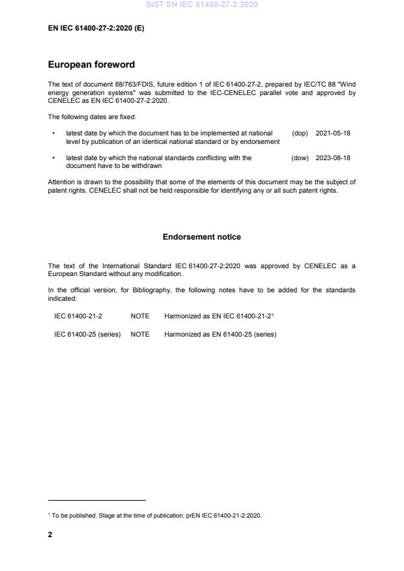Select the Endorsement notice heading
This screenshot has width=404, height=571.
coord(201,237)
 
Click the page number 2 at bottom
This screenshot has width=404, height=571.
coord(50,535)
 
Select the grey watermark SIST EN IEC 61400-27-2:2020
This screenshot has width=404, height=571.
coord(202,4)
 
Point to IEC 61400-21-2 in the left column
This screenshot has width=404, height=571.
coord(78,316)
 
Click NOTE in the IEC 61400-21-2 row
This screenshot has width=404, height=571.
coord(140,316)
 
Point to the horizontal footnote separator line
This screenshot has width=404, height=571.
coord(97,501)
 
